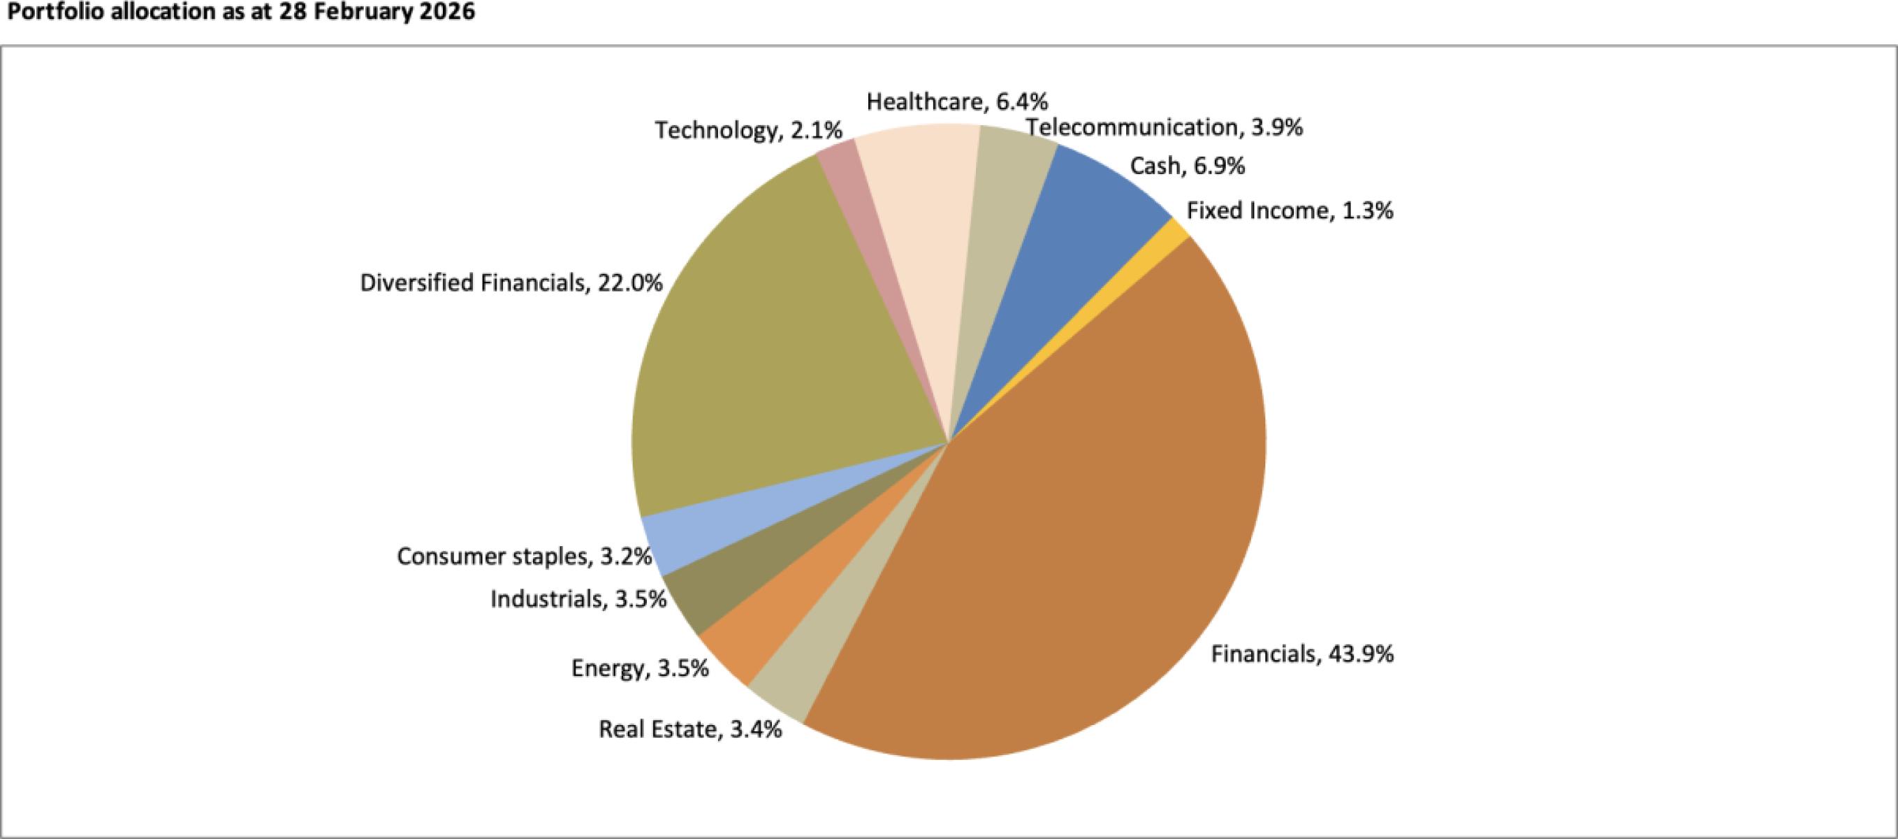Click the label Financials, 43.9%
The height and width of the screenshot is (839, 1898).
point(1302,654)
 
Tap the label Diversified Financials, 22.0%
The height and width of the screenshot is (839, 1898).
point(511,283)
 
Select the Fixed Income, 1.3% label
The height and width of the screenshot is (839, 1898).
point(1290,211)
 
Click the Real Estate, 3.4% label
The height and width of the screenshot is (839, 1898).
point(689,729)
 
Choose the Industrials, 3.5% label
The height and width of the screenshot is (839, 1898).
point(578,599)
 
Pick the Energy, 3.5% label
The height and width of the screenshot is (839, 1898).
point(640,668)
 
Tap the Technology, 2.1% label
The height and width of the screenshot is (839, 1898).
point(749,131)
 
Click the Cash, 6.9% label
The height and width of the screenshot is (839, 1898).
point(1187,166)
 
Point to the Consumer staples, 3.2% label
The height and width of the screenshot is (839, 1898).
point(524,556)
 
